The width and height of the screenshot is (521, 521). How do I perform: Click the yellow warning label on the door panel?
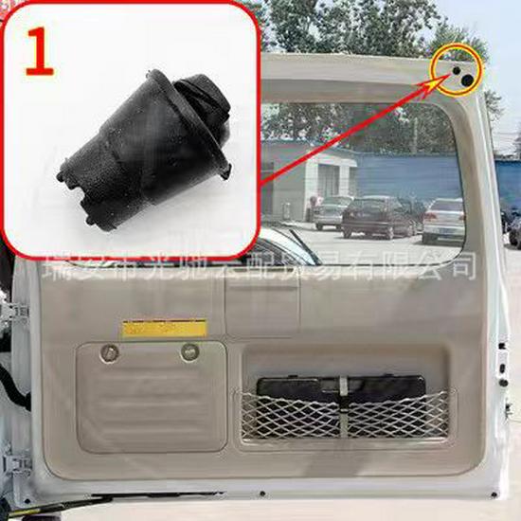pos(164,328)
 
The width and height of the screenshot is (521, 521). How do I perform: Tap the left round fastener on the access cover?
pos(110,353)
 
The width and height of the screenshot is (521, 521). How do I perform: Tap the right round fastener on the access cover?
pos(190,351)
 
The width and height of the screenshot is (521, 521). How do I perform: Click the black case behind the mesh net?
pos(341,388)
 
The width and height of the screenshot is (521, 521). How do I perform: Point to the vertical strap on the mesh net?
pos(342,409)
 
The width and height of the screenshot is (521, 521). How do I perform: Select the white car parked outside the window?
pos(443,219)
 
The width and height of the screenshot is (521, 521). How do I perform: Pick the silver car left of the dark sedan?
pos(331,212)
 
